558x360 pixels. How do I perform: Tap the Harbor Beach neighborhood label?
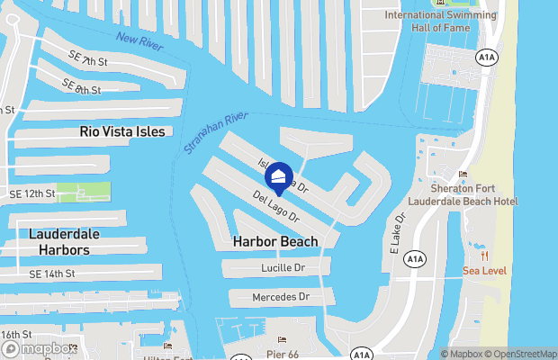coord(274,241)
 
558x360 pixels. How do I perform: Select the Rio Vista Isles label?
coord(122,131)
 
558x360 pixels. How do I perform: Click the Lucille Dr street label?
coord(283,268)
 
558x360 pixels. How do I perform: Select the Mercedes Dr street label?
coord(281,296)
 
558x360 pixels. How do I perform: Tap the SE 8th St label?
coord(81,86)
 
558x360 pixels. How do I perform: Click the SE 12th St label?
coord(31,193)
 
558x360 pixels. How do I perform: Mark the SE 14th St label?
coord(51,274)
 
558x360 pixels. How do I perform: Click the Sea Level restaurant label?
coord(484,271)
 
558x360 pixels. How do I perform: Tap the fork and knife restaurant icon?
coord(485,253)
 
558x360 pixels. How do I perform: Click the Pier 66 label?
coord(282,353)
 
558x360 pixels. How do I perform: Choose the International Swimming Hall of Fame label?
coord(440,21)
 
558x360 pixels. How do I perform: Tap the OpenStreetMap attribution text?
coord(522,354)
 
